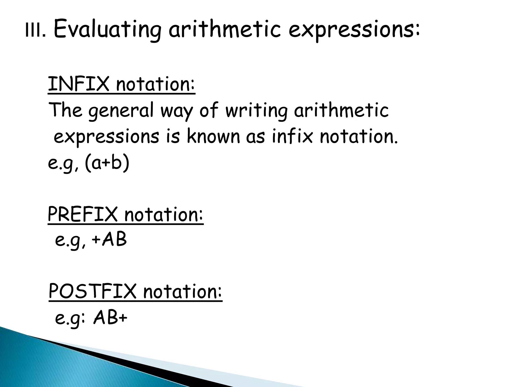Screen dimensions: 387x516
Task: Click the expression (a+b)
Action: click(107, 163)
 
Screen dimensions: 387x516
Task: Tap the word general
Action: click(121, 111)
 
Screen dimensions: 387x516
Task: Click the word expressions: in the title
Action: click(354, 30)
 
